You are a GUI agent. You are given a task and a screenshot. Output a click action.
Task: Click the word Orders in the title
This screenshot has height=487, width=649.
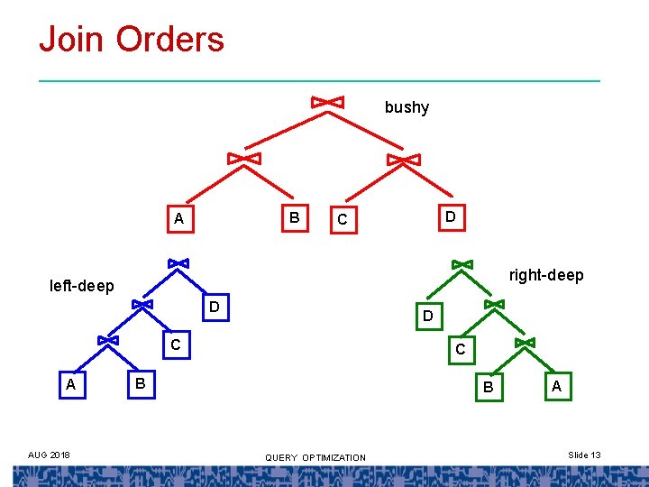tap(170, 40)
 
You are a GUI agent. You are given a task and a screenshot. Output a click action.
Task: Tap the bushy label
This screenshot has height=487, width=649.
tap(407, 107)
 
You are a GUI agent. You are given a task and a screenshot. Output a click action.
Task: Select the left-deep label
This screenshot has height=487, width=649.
tap(82, 286)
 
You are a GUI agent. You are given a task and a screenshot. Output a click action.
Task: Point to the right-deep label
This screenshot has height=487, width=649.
tap(546, 275)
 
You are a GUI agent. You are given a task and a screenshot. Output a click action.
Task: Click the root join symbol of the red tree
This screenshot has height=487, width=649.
tap(327, 102)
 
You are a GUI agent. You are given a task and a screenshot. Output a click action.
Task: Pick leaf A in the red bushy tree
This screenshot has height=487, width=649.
tap(178, 218)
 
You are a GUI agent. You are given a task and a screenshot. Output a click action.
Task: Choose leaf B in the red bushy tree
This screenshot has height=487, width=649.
tap(294, 217)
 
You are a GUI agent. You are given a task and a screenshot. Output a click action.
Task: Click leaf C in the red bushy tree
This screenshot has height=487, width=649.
tap(342, 219)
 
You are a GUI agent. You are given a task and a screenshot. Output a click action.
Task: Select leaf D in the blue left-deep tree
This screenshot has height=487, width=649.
tap(215, 308)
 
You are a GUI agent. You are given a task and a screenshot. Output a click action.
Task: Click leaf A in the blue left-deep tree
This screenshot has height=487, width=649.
tap(70, 384)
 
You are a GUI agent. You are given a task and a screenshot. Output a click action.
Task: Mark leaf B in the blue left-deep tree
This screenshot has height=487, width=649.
tap(139, 384)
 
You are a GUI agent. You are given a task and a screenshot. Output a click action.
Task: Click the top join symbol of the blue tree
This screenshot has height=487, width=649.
tap(178, 263)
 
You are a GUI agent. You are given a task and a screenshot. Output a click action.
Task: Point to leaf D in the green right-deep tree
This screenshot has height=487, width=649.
tap(428, 317)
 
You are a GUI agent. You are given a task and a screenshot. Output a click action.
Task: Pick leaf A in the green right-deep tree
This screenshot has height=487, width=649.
tap(556, 386)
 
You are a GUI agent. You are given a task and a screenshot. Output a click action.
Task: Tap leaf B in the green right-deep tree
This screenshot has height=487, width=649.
tap(488, 388)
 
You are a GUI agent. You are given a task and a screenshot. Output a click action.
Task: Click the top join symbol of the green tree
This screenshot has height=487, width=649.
tap(462, 264)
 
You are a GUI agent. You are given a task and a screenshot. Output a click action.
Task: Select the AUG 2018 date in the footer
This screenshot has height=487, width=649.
tap(49, 455)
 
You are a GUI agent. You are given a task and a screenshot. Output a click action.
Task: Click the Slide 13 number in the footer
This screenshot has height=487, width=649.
tap(584, 455)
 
